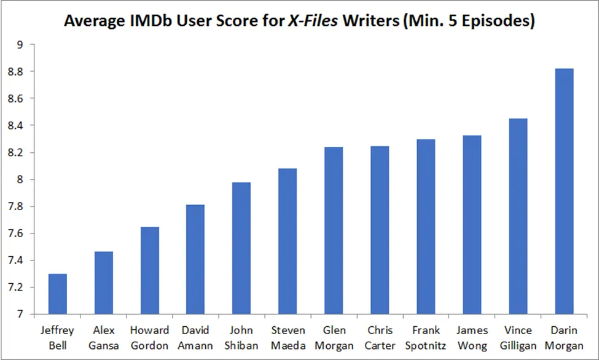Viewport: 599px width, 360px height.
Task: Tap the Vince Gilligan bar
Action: click(518, 216)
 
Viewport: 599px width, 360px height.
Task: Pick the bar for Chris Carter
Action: click(380, 230)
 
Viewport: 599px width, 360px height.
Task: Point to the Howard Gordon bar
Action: click(149, 270)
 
